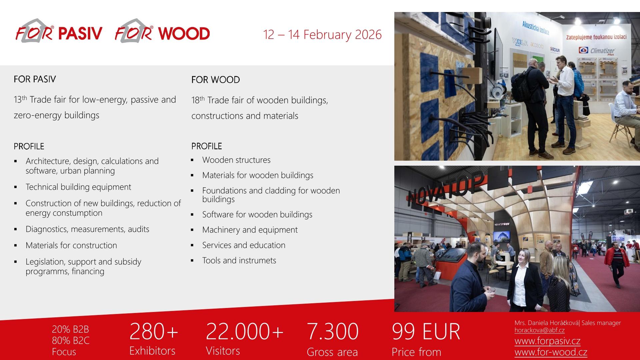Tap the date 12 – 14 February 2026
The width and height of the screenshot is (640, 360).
coord(322,35)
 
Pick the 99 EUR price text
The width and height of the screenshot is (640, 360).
coord(426,331)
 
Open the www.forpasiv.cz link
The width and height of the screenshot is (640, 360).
coord(547,341)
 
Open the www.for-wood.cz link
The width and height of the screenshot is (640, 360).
coord(551,352)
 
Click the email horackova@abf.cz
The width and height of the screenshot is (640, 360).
coord(539,330)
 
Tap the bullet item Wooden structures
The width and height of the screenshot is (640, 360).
coord(236,160)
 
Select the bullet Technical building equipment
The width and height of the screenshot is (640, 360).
coord(78,187)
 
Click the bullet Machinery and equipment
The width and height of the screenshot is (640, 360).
coord(250,230)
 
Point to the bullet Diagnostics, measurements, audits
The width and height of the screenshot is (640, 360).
coord(87,229)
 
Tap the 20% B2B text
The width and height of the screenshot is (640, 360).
coord(70,329)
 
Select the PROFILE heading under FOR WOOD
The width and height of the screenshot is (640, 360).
coord(206,146)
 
